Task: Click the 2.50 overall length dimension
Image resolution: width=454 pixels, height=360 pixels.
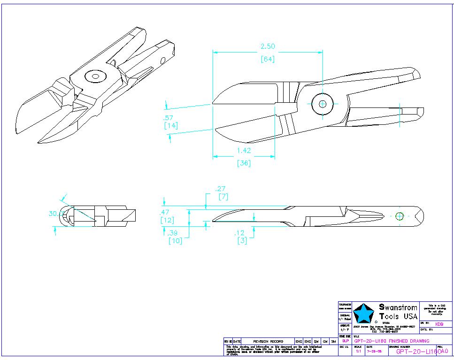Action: tap(268, 46)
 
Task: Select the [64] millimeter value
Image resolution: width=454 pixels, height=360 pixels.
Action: tap(268, 59)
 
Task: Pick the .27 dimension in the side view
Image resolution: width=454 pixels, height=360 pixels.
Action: tap(220, 189)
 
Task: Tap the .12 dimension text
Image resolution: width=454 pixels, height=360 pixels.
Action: tap(240, 233)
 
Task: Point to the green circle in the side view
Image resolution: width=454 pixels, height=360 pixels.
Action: tap(400, 216)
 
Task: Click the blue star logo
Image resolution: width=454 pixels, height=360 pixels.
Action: tap(365, 314)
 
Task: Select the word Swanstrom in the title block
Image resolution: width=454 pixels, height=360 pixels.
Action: tap(398, 307)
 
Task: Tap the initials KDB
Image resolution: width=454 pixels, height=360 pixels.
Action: tap(439, 324)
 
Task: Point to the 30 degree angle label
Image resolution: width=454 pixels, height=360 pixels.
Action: tap(55, 213)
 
